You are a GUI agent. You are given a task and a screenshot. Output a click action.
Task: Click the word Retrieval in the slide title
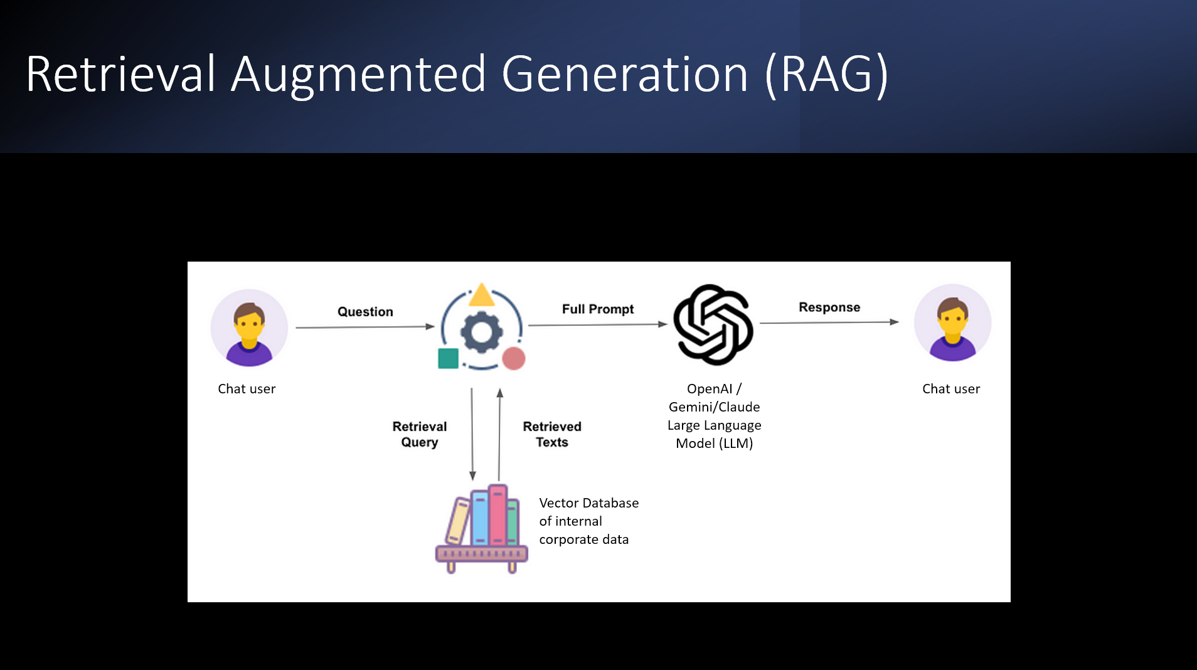click(x=120, y=74)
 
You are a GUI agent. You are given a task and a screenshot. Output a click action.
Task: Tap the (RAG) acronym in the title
click(x=826, y=74)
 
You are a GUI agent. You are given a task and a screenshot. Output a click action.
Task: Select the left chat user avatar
click(x=249, y=327)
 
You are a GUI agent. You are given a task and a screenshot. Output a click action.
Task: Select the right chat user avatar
click(x=952, y=323)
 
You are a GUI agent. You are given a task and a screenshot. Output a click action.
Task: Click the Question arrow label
click(x=365, y=312)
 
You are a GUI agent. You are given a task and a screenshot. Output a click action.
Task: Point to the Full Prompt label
click(x=597, y=309)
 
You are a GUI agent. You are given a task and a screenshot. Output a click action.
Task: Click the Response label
click(x=829, y=307)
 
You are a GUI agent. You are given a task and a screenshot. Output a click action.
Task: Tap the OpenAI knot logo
click(x=713, y=324)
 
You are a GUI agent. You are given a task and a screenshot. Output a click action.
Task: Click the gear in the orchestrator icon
click(x=481, y=332)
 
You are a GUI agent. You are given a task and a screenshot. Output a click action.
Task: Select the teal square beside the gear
click(x=448, y=359)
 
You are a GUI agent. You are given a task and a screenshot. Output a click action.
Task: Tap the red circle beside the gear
click(x=514, y=359)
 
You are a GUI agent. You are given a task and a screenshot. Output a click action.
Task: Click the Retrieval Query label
click(x=419, y=434)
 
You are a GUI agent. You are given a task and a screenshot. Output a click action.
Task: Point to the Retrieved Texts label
click(x=552, y=434)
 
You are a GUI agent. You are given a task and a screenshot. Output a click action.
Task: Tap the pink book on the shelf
click(x=497, y=515)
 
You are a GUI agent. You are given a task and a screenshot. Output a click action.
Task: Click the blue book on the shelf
click(x=480, y=518)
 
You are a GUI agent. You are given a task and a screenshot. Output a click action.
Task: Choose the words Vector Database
click(x=588, y=503)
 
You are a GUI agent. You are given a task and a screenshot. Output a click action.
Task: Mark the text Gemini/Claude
click(x=714, y=407)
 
